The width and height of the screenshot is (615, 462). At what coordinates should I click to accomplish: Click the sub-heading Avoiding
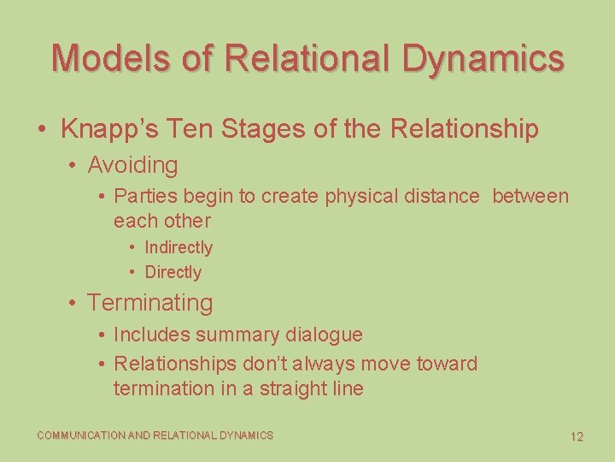132,164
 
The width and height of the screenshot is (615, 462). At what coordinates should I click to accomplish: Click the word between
530,196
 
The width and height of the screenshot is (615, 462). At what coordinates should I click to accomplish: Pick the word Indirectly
179,247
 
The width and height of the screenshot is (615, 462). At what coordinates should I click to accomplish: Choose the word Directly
173,272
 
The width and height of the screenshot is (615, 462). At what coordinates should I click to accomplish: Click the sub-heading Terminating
149,303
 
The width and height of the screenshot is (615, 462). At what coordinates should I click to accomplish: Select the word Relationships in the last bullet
175,364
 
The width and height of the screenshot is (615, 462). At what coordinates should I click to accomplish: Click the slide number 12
577,436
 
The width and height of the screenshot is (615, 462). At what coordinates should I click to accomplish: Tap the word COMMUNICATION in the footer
81,435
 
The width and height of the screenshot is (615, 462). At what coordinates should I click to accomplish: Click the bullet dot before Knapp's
42,130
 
